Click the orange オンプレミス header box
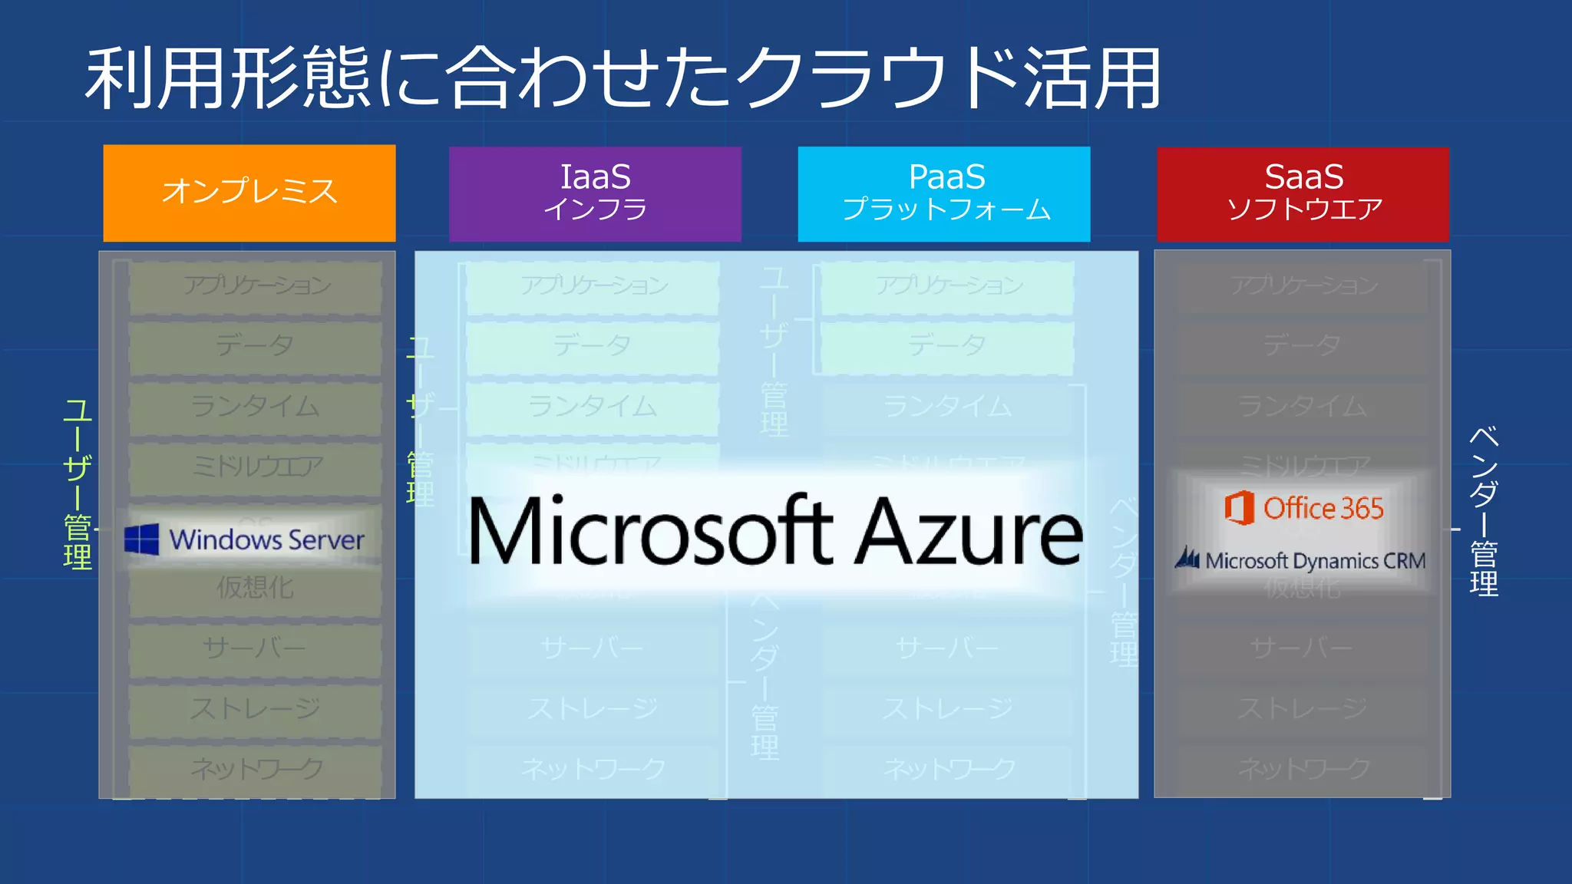point(249,193)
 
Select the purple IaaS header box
point(595,193)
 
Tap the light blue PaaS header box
point(944,193)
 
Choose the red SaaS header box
point(1303,193)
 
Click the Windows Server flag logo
point(142,539)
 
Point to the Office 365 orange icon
point(1239,508)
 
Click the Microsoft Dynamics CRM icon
point(1187,559)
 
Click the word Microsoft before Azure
point(649,532)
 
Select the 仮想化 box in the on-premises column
point(255,589)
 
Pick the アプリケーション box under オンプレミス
point(255,286)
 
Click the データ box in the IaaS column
point(592,346)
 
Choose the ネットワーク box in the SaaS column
point(1303,768)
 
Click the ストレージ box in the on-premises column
point(255,708)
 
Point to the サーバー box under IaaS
point(592,648)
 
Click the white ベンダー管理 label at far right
point(1484,511)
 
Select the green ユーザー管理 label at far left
point(78,483)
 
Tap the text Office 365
point(1323,508)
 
